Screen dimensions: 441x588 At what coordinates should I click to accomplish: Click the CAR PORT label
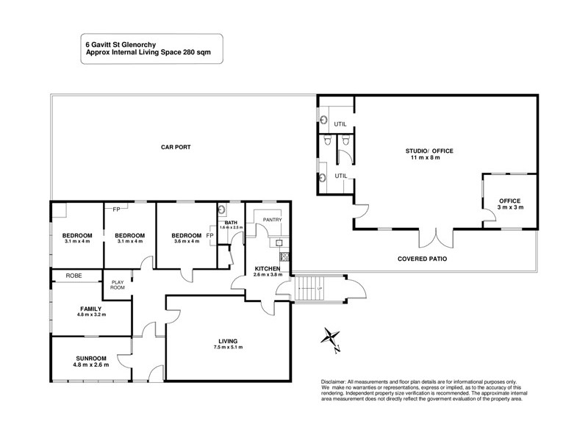coord(176,147)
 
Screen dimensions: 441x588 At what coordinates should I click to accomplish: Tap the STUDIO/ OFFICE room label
coord(430,151)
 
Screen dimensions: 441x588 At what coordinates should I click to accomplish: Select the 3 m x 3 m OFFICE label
coord(509,204)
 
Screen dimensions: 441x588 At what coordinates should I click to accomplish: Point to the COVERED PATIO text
coord(423,259)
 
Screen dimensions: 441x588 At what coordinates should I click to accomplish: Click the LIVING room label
coord(229,340)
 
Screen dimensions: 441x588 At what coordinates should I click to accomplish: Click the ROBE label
coord(73,276)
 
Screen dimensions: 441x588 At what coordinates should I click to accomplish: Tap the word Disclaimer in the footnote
coord(335,382)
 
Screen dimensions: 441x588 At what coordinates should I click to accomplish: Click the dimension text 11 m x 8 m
coord(430,158)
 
